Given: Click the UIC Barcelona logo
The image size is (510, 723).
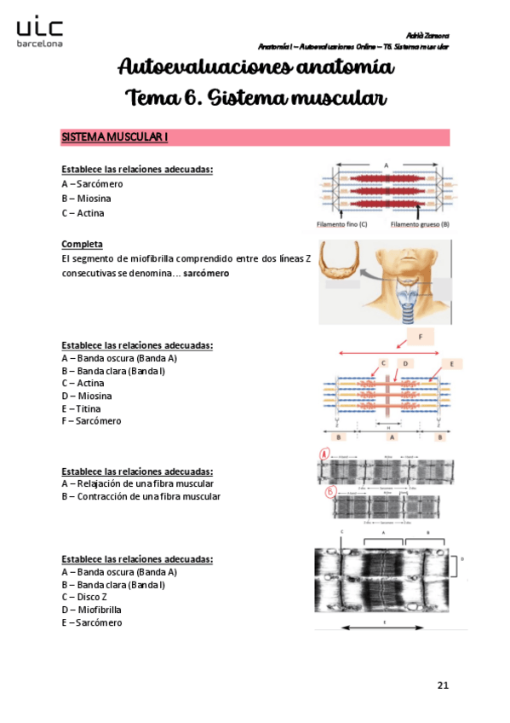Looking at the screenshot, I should click(x=39, y=32).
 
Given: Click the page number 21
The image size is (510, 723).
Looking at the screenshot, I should click(x=442, y=685).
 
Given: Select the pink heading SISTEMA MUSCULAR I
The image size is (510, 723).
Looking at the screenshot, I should click(x=115, y=137).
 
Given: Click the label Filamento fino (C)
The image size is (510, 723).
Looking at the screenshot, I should click(x=341, y=225).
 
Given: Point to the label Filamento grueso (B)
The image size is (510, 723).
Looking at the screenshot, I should click(x=420, y=225).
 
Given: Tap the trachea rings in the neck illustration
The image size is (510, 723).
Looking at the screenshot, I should click(x=414, y=311).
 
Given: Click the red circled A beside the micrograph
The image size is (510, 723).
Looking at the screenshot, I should click(x=324, y=454).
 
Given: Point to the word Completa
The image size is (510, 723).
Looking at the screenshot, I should click(x=83, y=244).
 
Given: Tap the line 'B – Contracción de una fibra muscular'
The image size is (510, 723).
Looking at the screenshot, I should click(x=140, y=496).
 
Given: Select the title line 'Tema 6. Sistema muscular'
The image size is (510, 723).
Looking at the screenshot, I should click(x=255, y=98).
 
